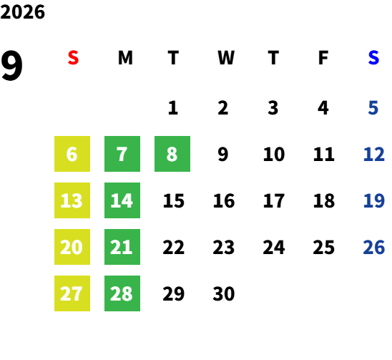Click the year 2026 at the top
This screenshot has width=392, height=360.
[x=22, y=12]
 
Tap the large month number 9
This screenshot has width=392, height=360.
[x=11, y=65]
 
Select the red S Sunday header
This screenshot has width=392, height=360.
[x=73, y=58]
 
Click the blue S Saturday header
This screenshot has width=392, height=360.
[x=373, y=58]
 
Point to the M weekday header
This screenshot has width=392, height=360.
[x=125, y=58]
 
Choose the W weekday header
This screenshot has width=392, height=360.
[x=226, y=58]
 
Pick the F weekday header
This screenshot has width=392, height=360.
[x=323, y=58]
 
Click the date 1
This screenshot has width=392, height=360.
[x=173, y=108]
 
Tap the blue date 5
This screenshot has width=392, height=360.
[x=373, y=108]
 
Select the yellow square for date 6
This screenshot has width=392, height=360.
[x=72, y=154]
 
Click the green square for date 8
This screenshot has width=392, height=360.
[x=172, y=154]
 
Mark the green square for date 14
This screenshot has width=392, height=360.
[x=122, y=200]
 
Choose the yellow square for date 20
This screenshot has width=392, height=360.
[x=72, y=247]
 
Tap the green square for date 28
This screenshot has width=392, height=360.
[x=122, y=293]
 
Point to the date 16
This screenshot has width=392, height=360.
[x=224, y=200]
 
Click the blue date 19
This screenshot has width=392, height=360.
[x=373, y=200]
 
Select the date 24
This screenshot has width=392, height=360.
[x=274, y=247]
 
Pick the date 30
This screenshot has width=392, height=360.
[x=224, y=293]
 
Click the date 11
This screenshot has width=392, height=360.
[x=324, y=154]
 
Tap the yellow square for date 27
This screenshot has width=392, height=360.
[x=72, y=293]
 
